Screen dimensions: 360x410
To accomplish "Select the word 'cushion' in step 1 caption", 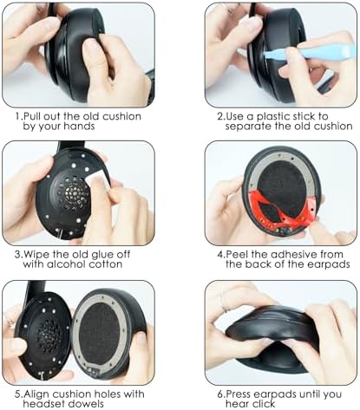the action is point(122,116).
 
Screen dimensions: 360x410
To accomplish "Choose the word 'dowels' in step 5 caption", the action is point(85,404).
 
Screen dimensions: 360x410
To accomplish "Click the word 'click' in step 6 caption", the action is point(263,404).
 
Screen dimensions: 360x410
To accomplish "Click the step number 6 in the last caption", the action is point(220,394).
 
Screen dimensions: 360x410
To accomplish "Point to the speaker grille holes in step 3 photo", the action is point(73,193).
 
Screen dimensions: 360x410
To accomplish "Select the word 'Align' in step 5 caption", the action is point(36,394).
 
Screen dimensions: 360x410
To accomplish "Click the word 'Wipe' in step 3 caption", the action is point(36,255).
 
